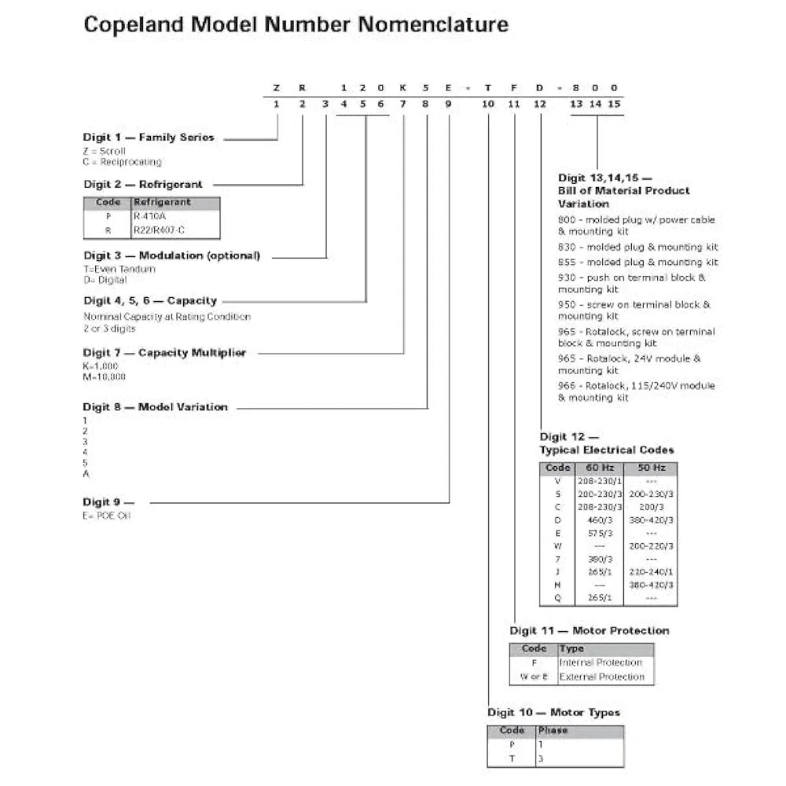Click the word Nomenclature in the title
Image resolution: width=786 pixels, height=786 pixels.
coord(433,25)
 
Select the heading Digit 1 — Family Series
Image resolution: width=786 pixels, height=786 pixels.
coord(149,138)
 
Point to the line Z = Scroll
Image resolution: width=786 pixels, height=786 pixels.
coord(105,150)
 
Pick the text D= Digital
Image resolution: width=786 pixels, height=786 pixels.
coord(105,280)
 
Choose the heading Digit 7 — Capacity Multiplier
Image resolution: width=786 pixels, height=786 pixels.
coord(164,353)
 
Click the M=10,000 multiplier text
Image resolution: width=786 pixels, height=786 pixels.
coord(105,376)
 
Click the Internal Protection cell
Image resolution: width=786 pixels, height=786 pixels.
coord(601,663)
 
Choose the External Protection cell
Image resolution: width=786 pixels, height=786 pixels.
coord(601,676)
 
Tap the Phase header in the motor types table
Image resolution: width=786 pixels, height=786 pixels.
coord(553,730)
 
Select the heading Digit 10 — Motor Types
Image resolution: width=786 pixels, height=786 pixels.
coord(553,713)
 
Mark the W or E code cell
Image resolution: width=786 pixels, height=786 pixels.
coord(534,676)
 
